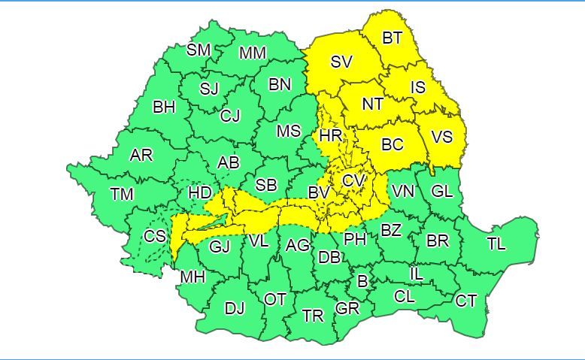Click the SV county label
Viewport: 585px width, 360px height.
[341, 62]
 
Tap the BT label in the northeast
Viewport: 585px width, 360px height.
[393, 38]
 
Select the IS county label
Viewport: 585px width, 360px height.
[418, 88]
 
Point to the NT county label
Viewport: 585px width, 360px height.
[372, 104]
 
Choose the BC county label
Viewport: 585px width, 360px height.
[393, 145]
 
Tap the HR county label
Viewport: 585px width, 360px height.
[330, 136]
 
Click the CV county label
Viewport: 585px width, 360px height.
[353, 181]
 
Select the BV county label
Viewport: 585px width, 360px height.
[319, 193]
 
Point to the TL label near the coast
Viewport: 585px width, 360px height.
[496, 244]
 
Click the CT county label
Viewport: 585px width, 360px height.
[466, 301]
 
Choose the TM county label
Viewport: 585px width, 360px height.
[121, 194]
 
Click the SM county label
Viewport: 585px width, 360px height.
[199, 50]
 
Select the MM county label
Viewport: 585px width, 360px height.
[253, 53]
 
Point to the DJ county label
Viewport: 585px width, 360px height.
[235, 307]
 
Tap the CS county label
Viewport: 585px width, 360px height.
[155, 236]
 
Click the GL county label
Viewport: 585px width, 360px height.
[442, 191]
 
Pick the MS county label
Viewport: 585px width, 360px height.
[289, 132]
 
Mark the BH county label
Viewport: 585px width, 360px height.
[164, 107]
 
